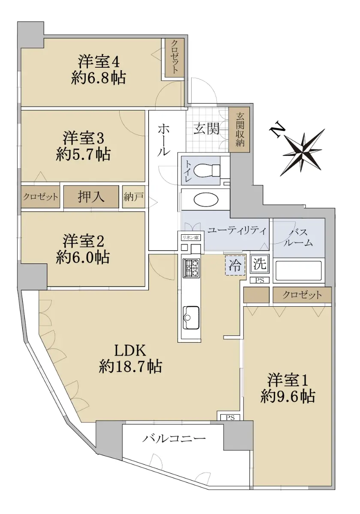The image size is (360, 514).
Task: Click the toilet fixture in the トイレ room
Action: tap(207, 170)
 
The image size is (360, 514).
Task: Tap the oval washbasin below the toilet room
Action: tap(206, 199)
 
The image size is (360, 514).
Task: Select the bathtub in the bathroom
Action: tap(298, 271)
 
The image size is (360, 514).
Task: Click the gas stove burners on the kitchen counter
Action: tap(192, 268)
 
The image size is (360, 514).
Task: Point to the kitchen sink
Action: tap(191, 317)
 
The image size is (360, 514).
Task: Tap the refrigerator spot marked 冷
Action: tap(235, 266)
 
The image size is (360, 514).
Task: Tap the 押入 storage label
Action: tap(91, 197)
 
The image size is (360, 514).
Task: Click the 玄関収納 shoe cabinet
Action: tap(240, 130)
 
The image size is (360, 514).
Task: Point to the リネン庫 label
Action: tap(191, 238)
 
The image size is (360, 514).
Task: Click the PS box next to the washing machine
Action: tap(260, 280)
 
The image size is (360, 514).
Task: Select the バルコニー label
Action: tap(174, 439)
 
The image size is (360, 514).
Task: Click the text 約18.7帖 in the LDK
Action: tap(130, 367)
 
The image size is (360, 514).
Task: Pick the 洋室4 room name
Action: tap(99, 62)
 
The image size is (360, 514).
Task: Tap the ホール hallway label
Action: tap(164, 140)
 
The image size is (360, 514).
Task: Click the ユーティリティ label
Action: tap(237, 230)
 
